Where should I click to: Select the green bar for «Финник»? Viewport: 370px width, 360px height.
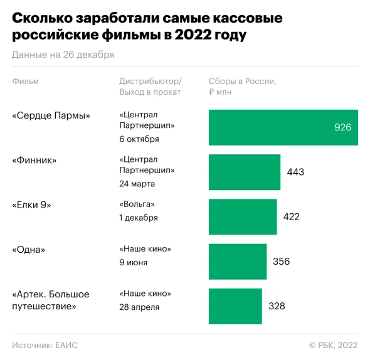[244, 172]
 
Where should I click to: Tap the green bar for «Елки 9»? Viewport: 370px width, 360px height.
[242, 216]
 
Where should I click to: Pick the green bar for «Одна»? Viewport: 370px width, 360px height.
[238, 261]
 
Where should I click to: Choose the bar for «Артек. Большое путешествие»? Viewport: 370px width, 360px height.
[235, 306]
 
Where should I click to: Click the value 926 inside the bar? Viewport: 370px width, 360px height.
[342, 127]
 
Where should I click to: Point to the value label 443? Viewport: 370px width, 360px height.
[295, 172]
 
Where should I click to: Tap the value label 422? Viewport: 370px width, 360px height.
[292, 217]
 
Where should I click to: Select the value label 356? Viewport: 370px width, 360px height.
[282, 262]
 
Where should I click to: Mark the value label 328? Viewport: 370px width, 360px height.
[277, 306]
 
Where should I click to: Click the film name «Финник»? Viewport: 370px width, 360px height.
[34, 160]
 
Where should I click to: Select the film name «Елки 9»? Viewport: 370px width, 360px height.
[31, 204]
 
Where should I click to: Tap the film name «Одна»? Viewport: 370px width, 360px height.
[29, 249]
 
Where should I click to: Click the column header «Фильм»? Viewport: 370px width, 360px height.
[24, 82]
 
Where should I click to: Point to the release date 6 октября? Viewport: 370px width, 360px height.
[139, 139]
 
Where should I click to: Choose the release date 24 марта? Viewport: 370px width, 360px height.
[137, 184]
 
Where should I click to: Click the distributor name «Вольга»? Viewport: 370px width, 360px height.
[137, 204]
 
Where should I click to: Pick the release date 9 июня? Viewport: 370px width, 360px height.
[133, 262]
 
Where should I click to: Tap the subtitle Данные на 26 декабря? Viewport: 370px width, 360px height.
[63, 55]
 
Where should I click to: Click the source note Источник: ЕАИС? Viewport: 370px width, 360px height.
[45, 345]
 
